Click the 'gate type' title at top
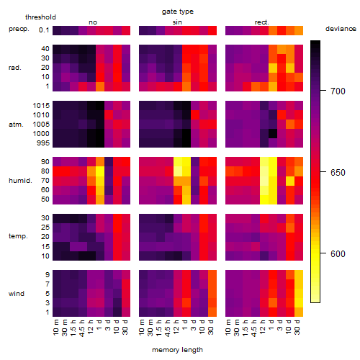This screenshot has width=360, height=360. point(178,12)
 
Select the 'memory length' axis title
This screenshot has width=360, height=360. point(177,350)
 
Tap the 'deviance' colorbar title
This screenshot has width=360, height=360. point(341,29)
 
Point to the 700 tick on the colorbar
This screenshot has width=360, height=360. point(323,91)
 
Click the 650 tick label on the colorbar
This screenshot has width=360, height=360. point(338,173)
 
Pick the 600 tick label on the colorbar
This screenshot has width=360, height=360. point(338,254)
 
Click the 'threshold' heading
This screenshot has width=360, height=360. point(40,17)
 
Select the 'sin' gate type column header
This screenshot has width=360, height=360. point(177,22)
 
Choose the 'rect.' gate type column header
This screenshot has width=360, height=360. point(262,22)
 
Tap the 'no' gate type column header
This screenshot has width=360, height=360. point(93,22)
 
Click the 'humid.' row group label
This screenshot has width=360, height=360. point(20,181)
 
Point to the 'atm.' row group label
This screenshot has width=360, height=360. point(16,125)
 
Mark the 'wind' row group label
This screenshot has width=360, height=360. point(17,294)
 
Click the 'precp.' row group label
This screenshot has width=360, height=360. point(19,30)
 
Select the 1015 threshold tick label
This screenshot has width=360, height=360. point(41,106)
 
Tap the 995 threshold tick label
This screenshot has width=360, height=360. point(43,143)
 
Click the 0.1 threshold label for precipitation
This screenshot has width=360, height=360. point(44,30)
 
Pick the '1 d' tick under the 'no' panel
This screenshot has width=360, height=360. point(99,325)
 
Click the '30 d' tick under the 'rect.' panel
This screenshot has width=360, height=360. point(297,327)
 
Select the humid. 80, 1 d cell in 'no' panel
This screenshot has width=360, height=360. point(100,171)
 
